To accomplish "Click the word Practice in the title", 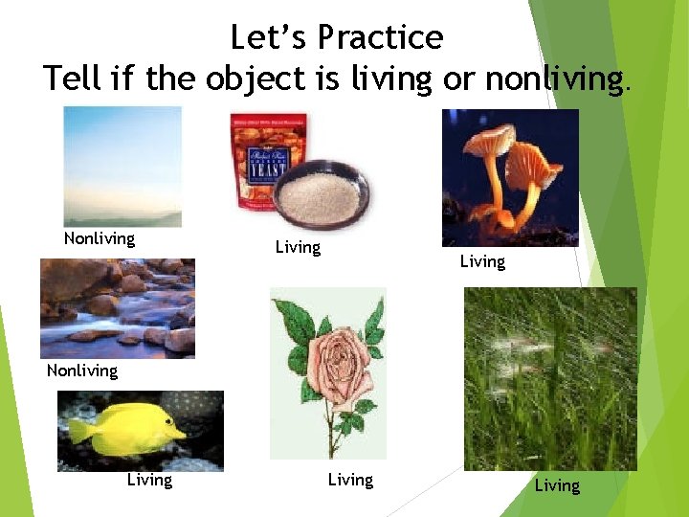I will click(381, 37).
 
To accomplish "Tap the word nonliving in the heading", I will click(554, 78).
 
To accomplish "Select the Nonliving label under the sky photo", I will click(100, 238).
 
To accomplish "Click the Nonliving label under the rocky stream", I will click(82, 371).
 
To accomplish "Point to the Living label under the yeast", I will click(298, 247).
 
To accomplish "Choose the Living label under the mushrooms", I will click(482, 261).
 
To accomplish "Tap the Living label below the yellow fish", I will click(149, 480).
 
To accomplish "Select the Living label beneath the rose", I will click(350, 480).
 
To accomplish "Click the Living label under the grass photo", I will click(557, 485).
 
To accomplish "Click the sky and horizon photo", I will click(122, 166).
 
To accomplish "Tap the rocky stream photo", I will click(117, 307).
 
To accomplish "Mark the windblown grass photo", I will click(549, 378).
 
